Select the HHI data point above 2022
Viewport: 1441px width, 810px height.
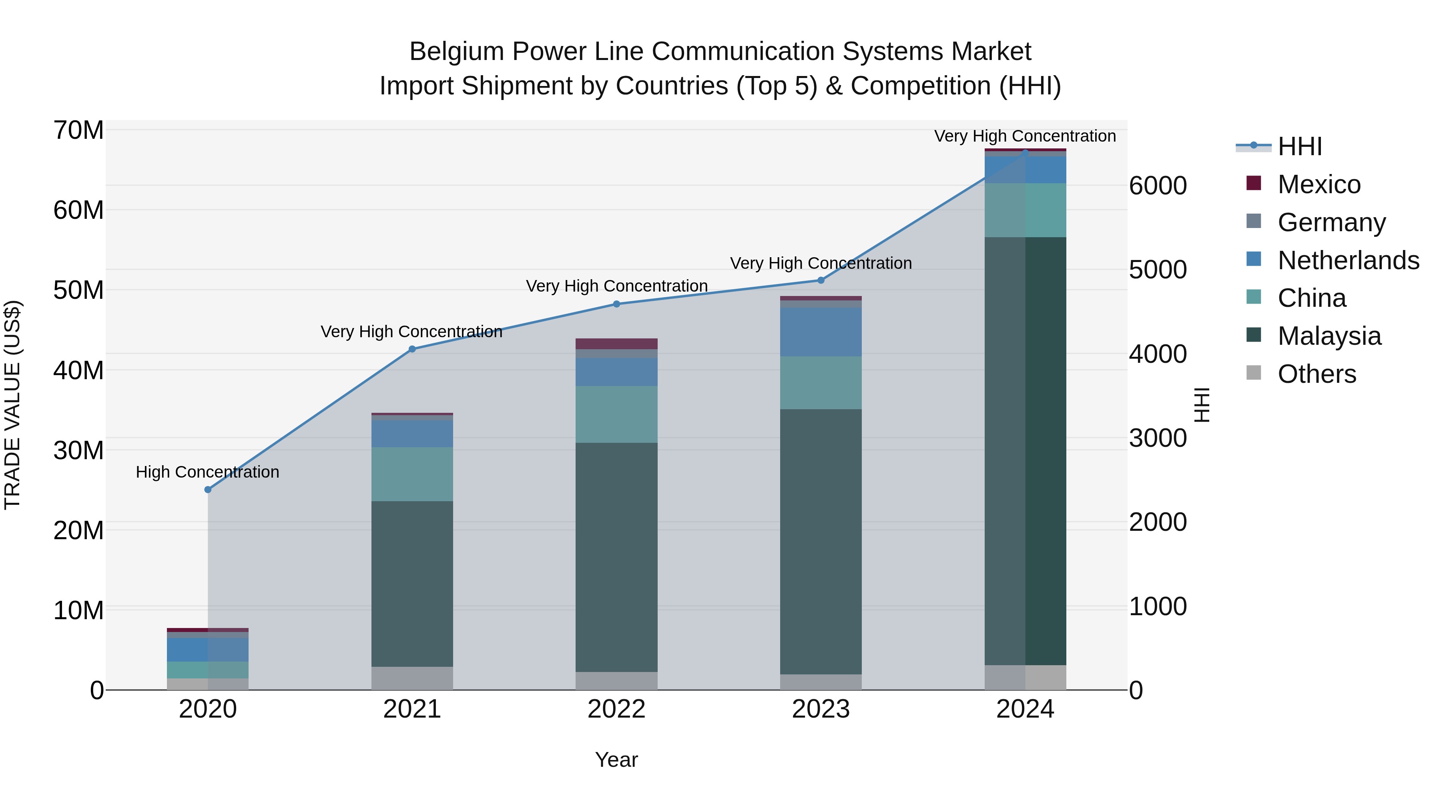coord(616,304)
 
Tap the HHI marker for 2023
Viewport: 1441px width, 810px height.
coord(821,280)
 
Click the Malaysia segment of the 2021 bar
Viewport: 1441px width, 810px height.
coord(412,584)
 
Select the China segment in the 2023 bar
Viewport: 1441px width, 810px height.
coord(821,383)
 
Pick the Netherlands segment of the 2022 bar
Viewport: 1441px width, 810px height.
coord(616,372)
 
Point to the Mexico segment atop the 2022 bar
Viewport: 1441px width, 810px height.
coord(616,343)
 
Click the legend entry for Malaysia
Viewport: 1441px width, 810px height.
coord(1329,336)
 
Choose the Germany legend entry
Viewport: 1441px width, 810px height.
coord(1331,222)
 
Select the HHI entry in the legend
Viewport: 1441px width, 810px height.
coord(1299,146)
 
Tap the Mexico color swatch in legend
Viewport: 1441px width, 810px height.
coord(1254,183)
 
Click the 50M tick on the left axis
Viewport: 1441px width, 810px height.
coord(78,290)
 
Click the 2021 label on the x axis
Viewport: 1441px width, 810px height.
coord(412,709)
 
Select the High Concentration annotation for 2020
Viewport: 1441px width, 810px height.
coord(207,472)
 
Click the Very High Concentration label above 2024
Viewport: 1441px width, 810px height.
coord(1025,136)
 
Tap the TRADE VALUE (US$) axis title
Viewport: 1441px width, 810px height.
coord(12,405)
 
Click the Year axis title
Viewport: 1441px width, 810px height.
coord(616,760)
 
